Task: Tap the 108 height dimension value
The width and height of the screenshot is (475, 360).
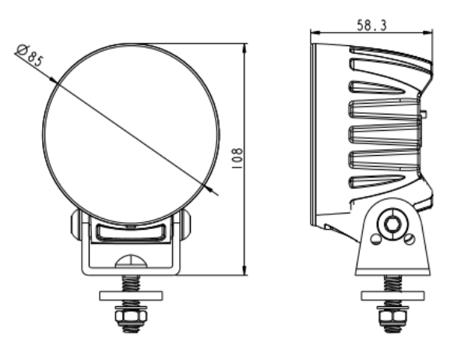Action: point(237,157)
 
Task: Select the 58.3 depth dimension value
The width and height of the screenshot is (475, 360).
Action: point(372,24)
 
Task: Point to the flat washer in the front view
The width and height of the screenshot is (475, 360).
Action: point(130,295)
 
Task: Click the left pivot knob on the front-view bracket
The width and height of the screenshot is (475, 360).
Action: point(76,226)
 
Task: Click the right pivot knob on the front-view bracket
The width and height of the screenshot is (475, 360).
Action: point(185,226)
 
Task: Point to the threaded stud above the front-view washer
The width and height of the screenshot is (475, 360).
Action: point(130,282)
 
